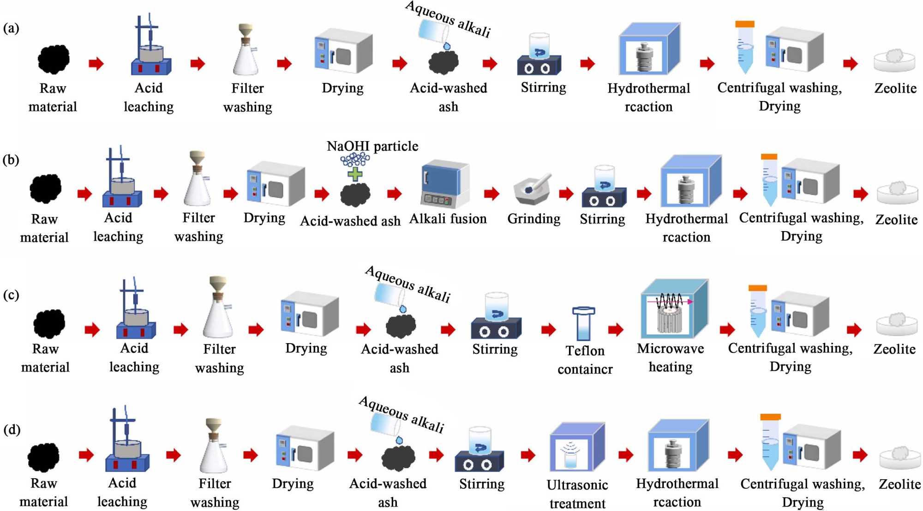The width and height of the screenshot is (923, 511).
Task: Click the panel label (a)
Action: pos(11,29)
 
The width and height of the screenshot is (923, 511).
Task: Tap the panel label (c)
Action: pos(11,295)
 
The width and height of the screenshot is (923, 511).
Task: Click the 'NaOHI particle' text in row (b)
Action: pos(372,147)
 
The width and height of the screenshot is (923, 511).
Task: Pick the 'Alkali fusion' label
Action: pos(448,219)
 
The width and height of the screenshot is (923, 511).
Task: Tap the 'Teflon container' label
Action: pos(585,360)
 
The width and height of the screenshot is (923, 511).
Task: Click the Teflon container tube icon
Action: pos(583,323)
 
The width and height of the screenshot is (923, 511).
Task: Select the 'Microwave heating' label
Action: pos(670,358)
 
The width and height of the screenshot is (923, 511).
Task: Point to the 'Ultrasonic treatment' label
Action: pos(577,494)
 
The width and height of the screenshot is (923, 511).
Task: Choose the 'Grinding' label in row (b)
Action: pos(533,219)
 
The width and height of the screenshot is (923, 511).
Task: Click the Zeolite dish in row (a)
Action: pos(894,61)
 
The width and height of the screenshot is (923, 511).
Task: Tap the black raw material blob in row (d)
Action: pos(43,457)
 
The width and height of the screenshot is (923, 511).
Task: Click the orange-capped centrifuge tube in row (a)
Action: pos(744,48)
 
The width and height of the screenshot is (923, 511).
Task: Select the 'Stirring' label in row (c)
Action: pos(495,349)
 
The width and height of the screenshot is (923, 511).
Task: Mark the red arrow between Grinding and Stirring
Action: pos(566,194)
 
